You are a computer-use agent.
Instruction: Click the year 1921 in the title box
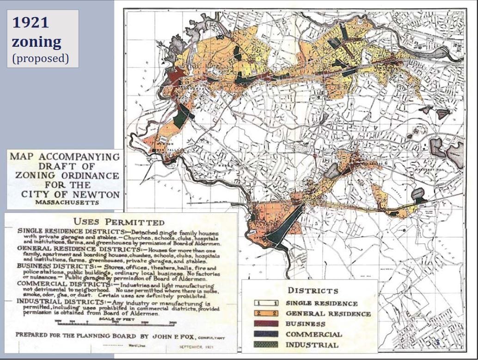click(x=31, y=23)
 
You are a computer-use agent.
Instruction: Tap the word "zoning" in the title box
click(x=37, y=43)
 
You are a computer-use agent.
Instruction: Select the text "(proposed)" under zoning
click(x=40, y=59)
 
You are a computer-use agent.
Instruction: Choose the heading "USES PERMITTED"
click(x=119, y=222)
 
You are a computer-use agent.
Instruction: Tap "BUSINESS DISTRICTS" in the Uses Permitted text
click(x=54, y=267)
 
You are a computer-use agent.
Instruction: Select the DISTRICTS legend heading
click(x=313, y=291)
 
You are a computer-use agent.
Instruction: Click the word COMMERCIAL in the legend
click(x=314, y=335)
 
